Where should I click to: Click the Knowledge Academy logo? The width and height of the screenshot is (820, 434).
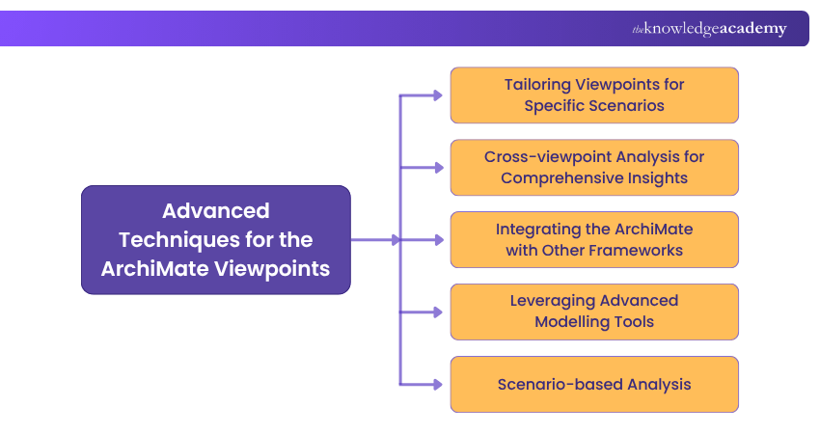tap(709, 29)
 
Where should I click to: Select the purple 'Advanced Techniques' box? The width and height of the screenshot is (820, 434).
tap(215, 239)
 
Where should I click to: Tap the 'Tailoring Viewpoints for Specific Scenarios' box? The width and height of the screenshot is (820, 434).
tap(594, 95)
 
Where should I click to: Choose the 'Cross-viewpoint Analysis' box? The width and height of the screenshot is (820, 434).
tap(594, 167)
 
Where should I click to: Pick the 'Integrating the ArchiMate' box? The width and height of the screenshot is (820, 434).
tap(594, 239)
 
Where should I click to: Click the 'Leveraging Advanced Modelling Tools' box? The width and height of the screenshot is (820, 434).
tap(594, 312)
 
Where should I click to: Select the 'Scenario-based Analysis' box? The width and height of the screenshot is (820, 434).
tap(594, 384)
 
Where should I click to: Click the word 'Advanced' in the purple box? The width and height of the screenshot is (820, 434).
tap(215, 210)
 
